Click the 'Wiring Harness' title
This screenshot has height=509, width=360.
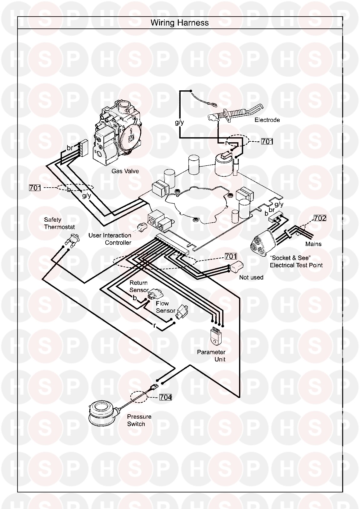coord(180,23)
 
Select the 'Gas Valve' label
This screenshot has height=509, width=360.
coord(125,171)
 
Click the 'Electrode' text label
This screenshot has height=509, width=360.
coord(267,120)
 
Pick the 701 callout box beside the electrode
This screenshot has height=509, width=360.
coord(267,141)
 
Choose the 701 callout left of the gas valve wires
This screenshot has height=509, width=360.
coord(35,188)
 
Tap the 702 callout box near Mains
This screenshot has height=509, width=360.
coord(320,218)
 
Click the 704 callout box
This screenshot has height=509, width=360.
coord(166,397)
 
